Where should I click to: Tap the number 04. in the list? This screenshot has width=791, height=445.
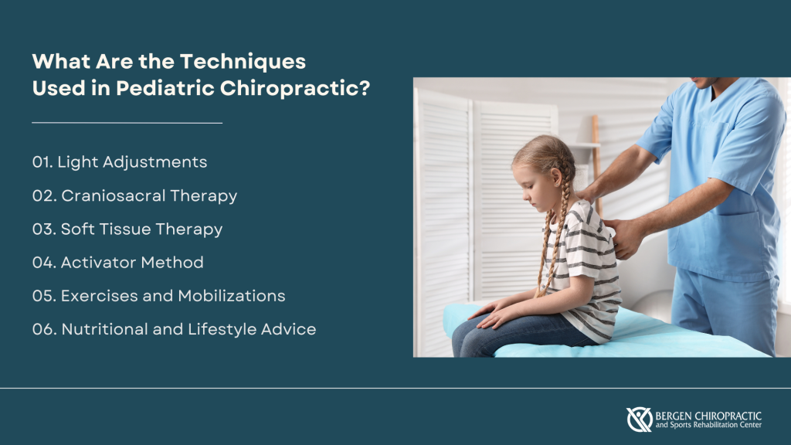(x=44, y=262)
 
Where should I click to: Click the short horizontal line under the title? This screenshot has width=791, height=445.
(x=127, y=122)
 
